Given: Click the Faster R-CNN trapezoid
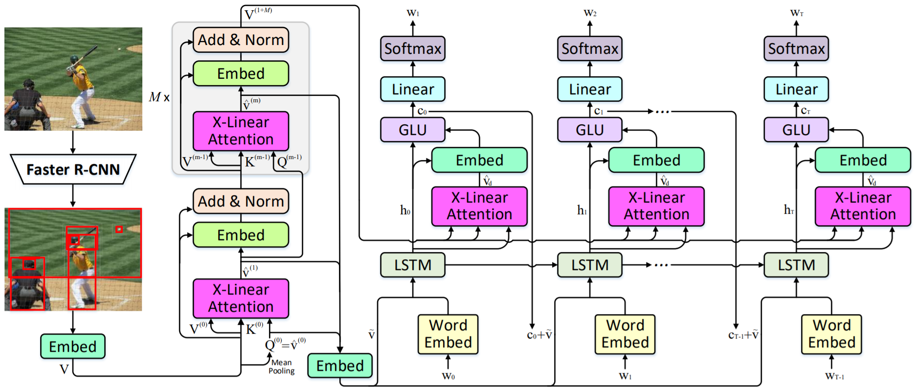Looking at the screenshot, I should (x=73, y=169).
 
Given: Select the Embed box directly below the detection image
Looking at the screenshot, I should (x=72, y=346).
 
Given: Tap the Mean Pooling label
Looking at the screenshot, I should (x=282, y=366).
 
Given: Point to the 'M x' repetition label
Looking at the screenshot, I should (x=159, y=97).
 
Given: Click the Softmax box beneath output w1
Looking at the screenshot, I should (x=413, y=48).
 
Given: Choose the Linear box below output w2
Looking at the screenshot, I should (x=590, y=89).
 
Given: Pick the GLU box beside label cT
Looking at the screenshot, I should (x=796, y=130).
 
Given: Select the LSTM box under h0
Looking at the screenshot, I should (x=413, y=265).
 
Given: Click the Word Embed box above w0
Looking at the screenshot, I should (x=448, y=334).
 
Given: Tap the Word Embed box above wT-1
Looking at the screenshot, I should (x=831, y=334).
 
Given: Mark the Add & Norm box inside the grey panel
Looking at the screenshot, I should (x=241, y=40).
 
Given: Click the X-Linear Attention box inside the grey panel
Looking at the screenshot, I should (x=241, y=131).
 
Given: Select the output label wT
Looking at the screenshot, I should (x=797, y=13).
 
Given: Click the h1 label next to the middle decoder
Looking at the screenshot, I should (x=582, y=210).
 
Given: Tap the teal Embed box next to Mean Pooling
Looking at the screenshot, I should (x=340, y=366).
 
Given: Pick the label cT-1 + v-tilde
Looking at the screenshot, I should (x=743, y=335).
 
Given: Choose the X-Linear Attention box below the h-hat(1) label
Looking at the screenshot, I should (x=241, y=298).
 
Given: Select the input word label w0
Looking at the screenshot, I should (x=448, y=376).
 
